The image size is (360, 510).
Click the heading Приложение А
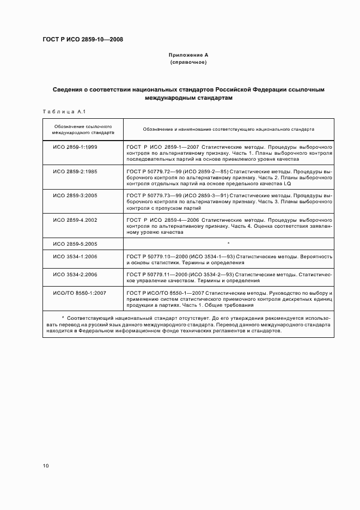[188, 55]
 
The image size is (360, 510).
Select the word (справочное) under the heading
[188, 63]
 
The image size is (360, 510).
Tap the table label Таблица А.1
[62, 112]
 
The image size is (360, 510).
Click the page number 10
[46, 466]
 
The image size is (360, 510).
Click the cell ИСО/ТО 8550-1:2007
[80, 293]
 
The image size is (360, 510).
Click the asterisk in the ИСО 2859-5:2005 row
[229, 243]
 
